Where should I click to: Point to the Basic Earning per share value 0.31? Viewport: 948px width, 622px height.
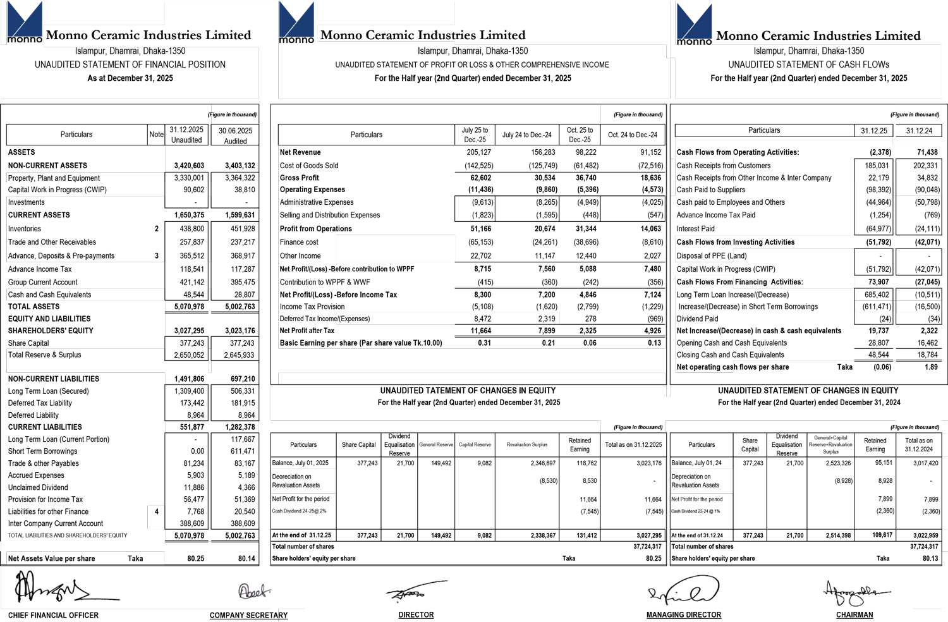pyautogui.click(x=484, y=343)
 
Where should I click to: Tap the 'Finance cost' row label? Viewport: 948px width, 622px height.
pyautogui.click(x=299, y=242)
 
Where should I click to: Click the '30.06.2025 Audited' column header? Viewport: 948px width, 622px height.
pyautogui.click(x=235, y=135)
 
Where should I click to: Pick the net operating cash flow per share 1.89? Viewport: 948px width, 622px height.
pyautogui.click(x=931, y=367)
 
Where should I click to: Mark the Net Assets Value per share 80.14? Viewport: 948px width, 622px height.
pyautogui.click(x=246, y=559)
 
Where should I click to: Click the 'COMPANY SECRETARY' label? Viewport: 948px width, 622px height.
pyautogui.click(x=248, y=615)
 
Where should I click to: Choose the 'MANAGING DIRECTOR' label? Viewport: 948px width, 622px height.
pyautogui.click(x=683, y=615)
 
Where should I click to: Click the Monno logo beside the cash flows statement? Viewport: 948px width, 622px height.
pyautogui.click(x=694, y=24)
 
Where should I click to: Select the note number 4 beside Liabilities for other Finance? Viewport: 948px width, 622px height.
pyautogui.click(x=157, y=511)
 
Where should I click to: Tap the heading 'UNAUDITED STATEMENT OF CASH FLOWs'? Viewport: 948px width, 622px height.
pyautogui.click(x=808, y=64)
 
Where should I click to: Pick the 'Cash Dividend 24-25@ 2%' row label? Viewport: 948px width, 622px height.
pyautogui.click(x=299, y=511)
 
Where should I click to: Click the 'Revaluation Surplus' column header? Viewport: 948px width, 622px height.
pyautogui.click(x=526, y=445)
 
